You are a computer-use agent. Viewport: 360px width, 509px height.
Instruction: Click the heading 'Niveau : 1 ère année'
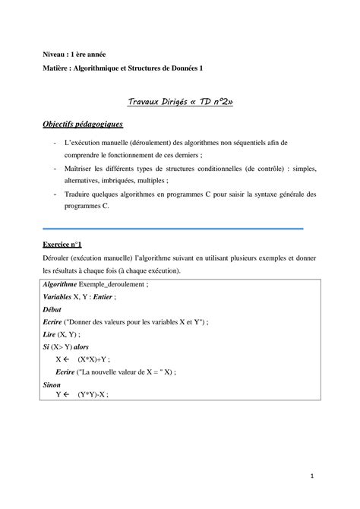click(x=73, y=55)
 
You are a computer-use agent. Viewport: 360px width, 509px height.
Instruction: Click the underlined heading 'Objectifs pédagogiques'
click(x=83, y=124)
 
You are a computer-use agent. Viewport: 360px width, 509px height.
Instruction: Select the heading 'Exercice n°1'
click(x=62, y=246)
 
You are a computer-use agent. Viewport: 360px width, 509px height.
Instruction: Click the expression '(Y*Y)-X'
click(x=93, y=395)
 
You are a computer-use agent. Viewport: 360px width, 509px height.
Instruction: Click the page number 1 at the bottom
click(x=311, y=477)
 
